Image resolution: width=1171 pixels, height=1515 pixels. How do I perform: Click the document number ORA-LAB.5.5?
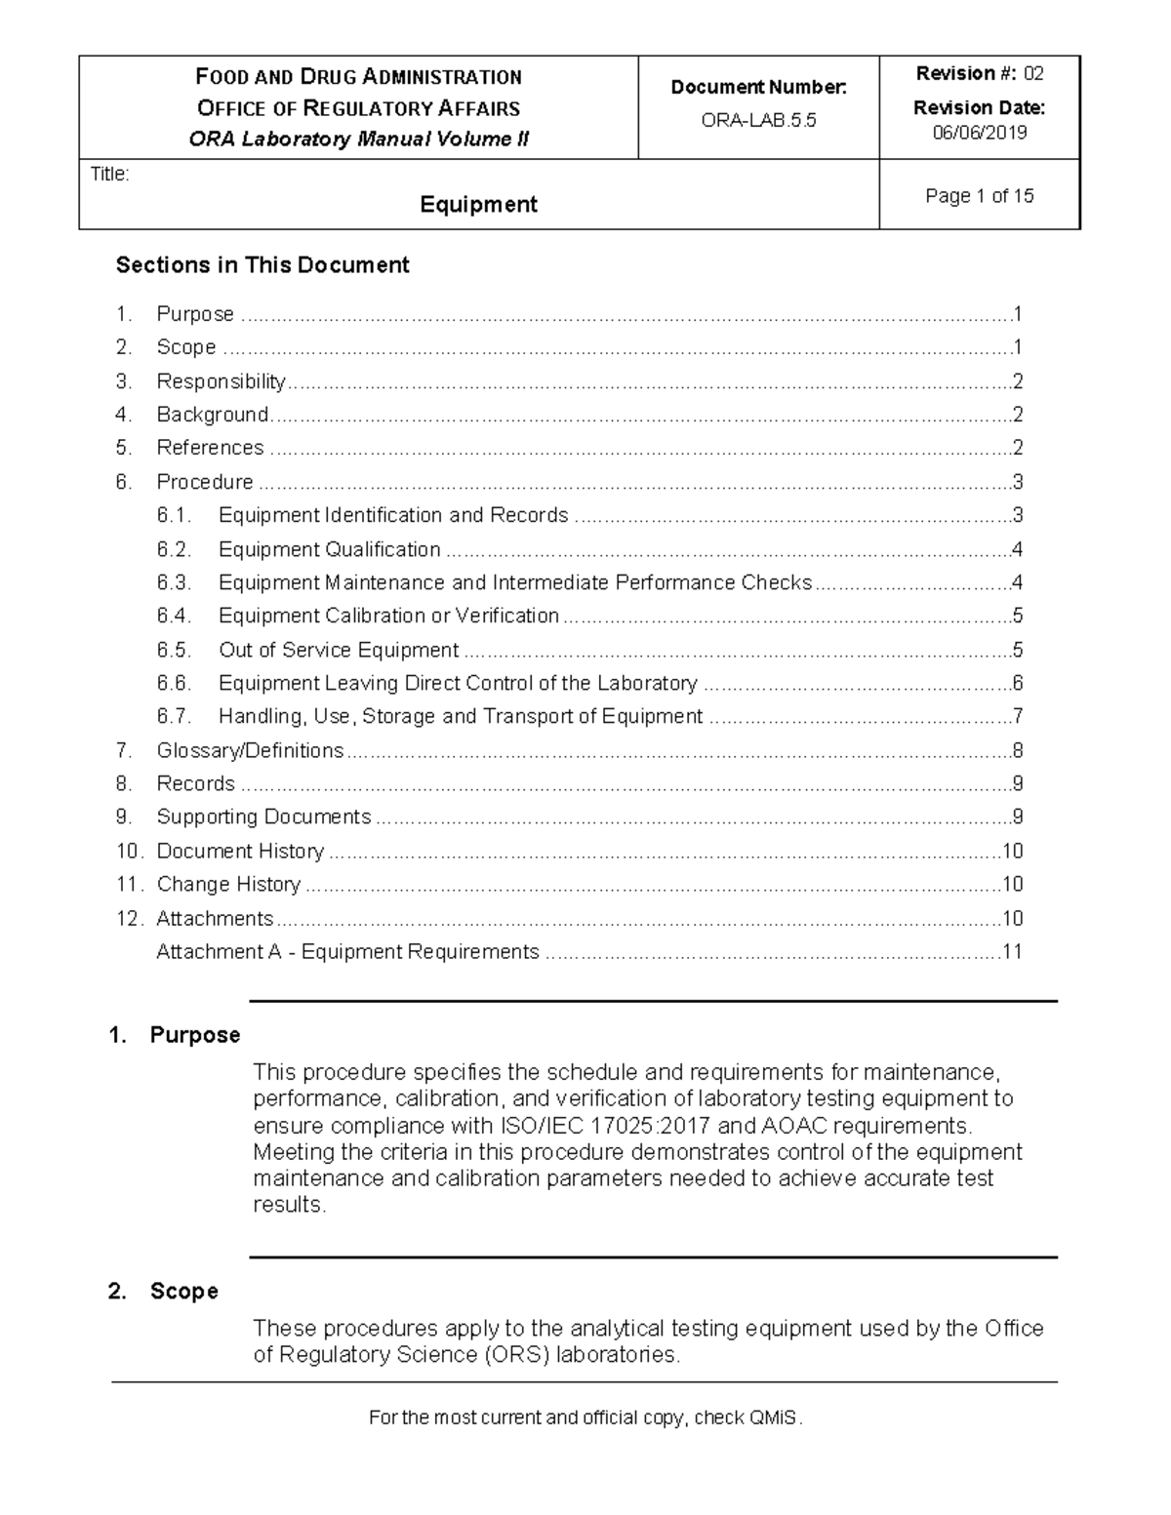coord(758,121)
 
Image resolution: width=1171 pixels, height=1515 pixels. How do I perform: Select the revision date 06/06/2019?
coord(979,133)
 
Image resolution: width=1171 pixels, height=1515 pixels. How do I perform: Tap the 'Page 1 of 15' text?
coord(979,196)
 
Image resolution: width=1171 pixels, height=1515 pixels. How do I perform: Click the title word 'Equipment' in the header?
coord(478,204)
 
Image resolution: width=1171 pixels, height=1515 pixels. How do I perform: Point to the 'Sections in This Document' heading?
coord(262,265)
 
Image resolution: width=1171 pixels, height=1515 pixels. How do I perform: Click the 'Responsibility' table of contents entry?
coord(221,381)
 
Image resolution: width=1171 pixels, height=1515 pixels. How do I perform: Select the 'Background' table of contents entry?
coord(213,415)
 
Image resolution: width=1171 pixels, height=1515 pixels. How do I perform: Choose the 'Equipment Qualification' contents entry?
coord(329,549)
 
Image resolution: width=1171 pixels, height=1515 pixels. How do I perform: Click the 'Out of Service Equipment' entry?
coord(338,650)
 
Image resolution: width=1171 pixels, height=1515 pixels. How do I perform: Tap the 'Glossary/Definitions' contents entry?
coord(250,750)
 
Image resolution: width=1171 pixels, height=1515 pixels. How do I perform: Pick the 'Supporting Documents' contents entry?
coord(263,817)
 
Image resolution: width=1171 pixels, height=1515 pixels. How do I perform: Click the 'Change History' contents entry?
coord(228,884)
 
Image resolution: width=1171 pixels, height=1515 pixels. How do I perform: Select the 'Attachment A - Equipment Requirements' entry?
coord(347,951)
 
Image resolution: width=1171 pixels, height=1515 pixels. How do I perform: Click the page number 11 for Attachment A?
coord(1012,951)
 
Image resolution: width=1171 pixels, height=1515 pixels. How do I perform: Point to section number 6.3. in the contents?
coord(174,582)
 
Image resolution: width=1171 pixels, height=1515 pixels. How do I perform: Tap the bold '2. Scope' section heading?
coord(164,1292)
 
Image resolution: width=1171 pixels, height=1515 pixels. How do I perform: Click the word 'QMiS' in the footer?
coord(774,1417)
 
